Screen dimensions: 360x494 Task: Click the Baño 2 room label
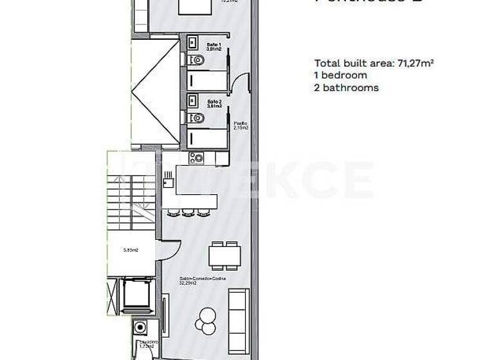pyautogui.click(x=214, y=104)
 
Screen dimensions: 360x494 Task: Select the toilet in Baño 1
pyautogui.click(x=197, y=60)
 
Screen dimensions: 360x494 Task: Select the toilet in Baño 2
pyautogui.click(x=197, y=118)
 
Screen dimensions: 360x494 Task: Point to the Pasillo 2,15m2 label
pyautogui.click(x=241, y=125)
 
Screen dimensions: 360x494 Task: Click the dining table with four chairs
pyautogui.click(x=224, y=255)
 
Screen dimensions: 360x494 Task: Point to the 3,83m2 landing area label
pyautogui.click(x=131, y=251)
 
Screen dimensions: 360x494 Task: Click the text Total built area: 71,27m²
pyautogui.click(x=374, y=63)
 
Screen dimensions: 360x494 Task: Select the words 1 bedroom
pyautogui.click(x=340, y=75)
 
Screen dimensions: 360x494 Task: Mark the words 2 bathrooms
pyautogui.click(x=346, y=87)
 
